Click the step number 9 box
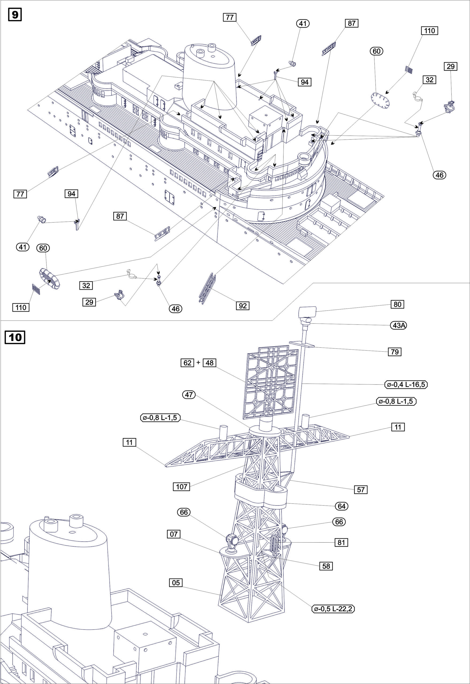pyautogui.click(x=15, y=14)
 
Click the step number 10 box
pyautogui.click(x=15, y=337)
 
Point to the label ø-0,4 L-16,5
pyautogui.click(x=406, y=384)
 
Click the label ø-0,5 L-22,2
pyautogui.click(x=333, y=609)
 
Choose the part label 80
pyautogui.click(x=397, y=304)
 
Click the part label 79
pyautogui.click(x=394, y=352)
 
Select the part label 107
pyautogui.click(x=182, y=487)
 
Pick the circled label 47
pyautogui.click(x=189, y=395)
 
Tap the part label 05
pyautogui.click(x=176, y=583)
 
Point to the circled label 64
pyautogui.click(x=341, y=506)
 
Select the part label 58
pyautogui.click(x=326, y=566)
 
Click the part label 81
pyautogui.click(x=341, y=542)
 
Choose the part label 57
pyautogui.click(x=361, y=490)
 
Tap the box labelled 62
pyautogui.click(x=187, y=363)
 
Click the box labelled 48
pyautogui.click(x=209, y=363)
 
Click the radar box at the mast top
pyautogui.click(x=307, y=311)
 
